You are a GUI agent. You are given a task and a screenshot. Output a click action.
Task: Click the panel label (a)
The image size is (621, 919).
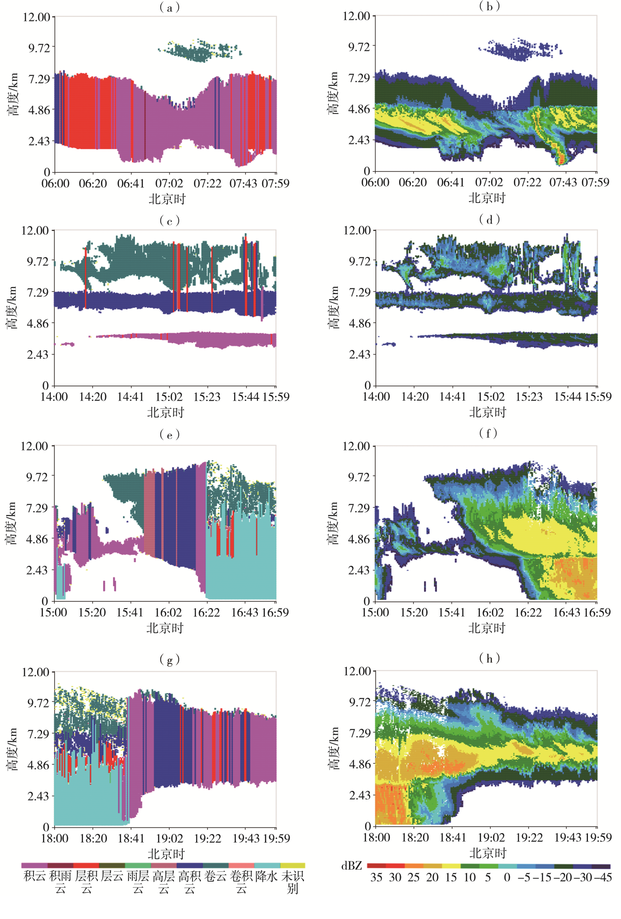click(169, 7)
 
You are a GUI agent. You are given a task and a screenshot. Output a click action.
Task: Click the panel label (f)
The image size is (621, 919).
click(489, 433)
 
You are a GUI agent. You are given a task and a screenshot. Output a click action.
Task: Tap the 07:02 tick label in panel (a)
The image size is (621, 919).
click(169, 184)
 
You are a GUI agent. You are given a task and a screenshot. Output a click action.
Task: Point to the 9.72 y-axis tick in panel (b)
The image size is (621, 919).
click(359, 46)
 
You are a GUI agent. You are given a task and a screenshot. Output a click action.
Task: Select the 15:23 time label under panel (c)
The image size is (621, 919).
click(207, 397)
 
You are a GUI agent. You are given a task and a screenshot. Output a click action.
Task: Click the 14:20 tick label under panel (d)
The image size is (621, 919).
click(415, 396)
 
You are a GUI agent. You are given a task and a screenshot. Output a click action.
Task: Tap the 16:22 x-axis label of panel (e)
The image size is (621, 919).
click(206, 613)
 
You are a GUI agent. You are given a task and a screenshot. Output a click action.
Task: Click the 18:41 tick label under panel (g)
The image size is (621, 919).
click(131, 838)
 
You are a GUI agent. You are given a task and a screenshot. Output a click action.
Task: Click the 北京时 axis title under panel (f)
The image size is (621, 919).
click(486, 628)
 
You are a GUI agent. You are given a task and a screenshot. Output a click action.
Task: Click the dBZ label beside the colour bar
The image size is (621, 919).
click(352, 866)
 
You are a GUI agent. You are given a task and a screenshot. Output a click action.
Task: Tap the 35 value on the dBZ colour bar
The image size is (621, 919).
click(376, 877)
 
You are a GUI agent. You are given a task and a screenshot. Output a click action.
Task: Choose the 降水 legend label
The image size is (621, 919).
click(266, 876)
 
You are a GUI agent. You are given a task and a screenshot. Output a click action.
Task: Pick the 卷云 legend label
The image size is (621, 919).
click(215, 876)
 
